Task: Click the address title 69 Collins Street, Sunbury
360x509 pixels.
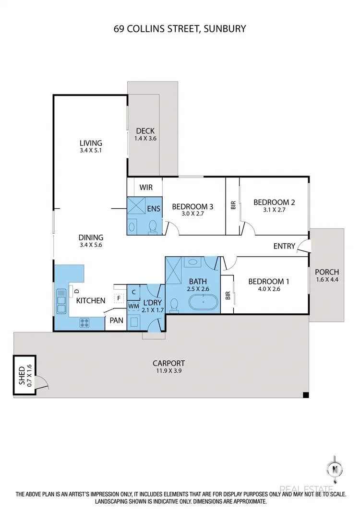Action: [180, 29]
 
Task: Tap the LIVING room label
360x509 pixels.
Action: [91, 143]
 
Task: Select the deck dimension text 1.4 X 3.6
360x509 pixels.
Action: [145, 138]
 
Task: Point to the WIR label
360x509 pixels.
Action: [146, 187]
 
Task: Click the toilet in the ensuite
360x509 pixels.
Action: [153, 226]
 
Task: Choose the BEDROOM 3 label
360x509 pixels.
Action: [192, 207]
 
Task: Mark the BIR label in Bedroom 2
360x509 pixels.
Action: [233, 205]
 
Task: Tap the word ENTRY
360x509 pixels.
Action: [284, 246]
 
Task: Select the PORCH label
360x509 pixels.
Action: [327, 272]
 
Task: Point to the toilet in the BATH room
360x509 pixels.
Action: [175, 304]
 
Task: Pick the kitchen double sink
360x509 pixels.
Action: [61, 301]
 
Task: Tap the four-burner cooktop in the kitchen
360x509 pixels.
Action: [84, 323]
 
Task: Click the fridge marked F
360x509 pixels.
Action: [118, 298]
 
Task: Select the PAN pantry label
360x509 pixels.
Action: [116, 320]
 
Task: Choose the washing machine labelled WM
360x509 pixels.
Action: [133, 306]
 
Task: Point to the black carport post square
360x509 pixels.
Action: [305, 395]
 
